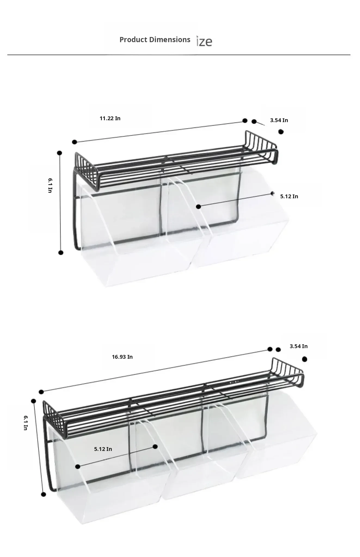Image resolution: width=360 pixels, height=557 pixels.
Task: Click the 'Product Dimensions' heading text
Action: [155, 40]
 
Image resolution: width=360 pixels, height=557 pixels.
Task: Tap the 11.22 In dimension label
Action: [110, 118]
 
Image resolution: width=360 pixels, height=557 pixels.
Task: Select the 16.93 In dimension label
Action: [122, 357]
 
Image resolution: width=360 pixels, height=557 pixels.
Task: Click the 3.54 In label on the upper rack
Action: [279, 120]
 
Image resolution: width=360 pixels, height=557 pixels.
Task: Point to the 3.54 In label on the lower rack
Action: [299, 346]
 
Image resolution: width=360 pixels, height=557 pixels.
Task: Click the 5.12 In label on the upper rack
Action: [289, 196]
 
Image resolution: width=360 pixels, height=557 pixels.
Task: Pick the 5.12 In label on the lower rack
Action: [103, 449]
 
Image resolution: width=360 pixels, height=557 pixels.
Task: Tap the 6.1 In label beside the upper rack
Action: [50, 185]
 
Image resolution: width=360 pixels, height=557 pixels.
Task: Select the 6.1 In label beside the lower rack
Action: [25, 423]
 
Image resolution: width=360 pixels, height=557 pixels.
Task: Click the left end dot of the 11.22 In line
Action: [75, 142]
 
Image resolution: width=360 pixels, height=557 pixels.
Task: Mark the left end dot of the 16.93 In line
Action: [41, 392]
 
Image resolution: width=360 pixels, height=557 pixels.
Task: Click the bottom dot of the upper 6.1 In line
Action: [61, 253]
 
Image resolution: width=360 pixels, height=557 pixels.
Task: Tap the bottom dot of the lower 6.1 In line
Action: [44, 494]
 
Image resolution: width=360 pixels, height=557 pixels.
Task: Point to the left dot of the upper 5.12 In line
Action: [199, 207]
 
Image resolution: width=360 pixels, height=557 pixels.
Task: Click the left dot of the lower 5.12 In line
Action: [78, 467]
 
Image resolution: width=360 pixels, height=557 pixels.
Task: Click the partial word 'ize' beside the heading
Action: [204, 41]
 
